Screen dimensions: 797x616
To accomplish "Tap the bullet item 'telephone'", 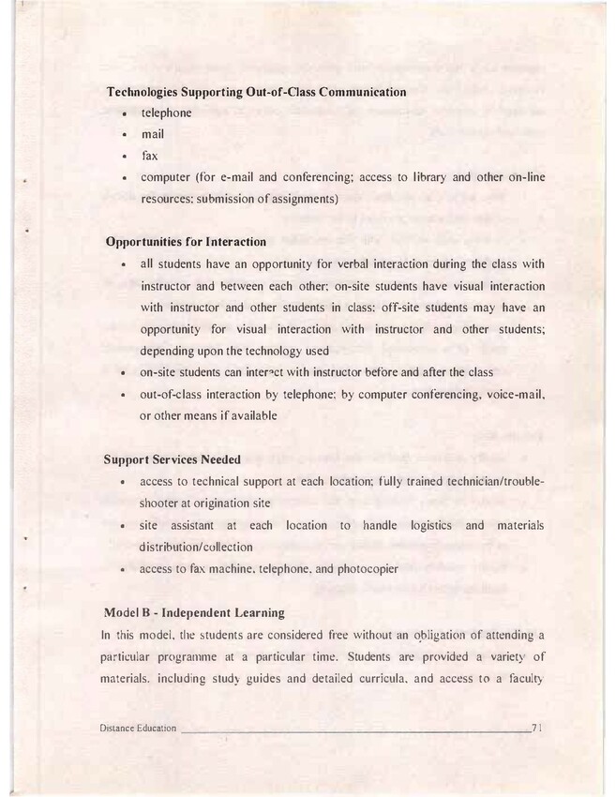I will pyautogui.click(x=166, y=113).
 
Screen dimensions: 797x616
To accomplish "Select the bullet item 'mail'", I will pyautogui.click(x=152, y=134).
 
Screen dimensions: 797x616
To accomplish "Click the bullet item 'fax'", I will pyautogui.click(x=149, y=156).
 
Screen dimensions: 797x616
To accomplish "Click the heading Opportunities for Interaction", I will pyautogui.click(x=187, y=242).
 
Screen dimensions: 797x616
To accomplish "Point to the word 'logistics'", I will pyautogui.click(x=424, y=526).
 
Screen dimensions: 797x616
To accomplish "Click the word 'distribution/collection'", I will pyautogui.click(x=196, y=547).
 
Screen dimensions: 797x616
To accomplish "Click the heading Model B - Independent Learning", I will pyautogui.click(x=194, y=613).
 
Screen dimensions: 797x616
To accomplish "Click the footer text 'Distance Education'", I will pyautogui.click(x=137, y=729).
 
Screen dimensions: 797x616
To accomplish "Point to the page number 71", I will pyautogui.click(x=538, y=729).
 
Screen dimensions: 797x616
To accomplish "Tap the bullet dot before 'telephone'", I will pyautogui.click(x=124, y=114).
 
